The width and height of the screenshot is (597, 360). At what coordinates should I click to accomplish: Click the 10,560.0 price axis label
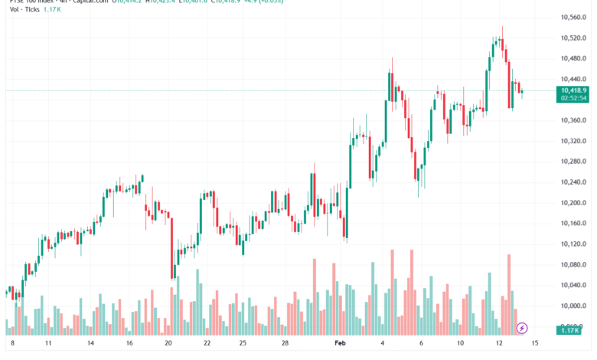coord(573,17)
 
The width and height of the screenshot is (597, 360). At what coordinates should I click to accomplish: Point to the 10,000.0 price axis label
coord(573,306)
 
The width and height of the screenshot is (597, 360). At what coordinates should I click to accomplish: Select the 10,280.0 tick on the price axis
coord(573,162)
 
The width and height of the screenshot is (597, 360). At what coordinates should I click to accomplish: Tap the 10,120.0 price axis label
coord(573,244)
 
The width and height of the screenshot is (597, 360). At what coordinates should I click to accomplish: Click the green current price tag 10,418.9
coord(573,90)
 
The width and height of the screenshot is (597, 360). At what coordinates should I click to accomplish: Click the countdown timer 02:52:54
coord(573,98)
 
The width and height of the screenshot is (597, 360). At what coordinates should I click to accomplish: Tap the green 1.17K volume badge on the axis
coord(570,329)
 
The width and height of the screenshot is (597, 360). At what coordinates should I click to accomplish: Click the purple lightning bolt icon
coord(522,328)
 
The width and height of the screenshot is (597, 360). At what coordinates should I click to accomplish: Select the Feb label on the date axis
coord(341,345)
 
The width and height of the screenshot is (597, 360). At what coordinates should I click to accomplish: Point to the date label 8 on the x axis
coord(12,345)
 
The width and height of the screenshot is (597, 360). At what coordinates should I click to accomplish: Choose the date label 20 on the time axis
coord(168,345)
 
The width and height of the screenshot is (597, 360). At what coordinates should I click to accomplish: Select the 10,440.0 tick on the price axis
coord(573,79)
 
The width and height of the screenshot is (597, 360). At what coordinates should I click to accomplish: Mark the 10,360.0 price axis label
coord(573,120)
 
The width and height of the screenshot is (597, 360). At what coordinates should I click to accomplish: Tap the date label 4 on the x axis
coord(383,345)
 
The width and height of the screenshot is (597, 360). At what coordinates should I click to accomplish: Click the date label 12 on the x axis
coord(498,345)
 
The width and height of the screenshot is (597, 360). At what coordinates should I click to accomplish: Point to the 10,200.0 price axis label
coord(573,203)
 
